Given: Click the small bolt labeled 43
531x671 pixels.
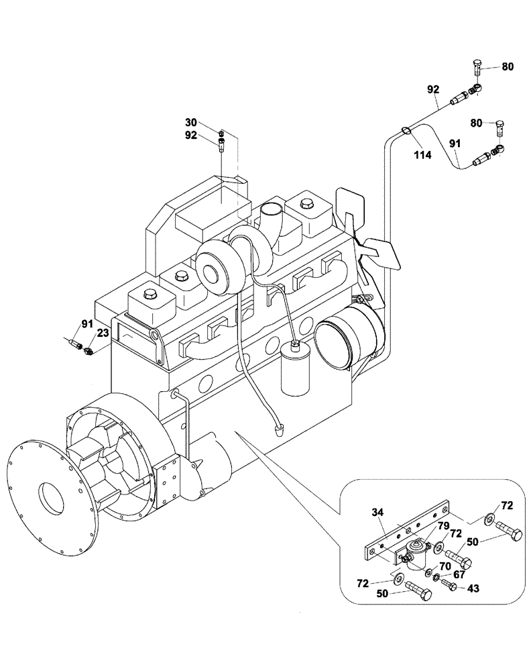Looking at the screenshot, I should tap(449, 586).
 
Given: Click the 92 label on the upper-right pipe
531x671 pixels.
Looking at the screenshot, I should tap(433, 88).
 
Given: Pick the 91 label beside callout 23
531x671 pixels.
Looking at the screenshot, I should tap(87, 324).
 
